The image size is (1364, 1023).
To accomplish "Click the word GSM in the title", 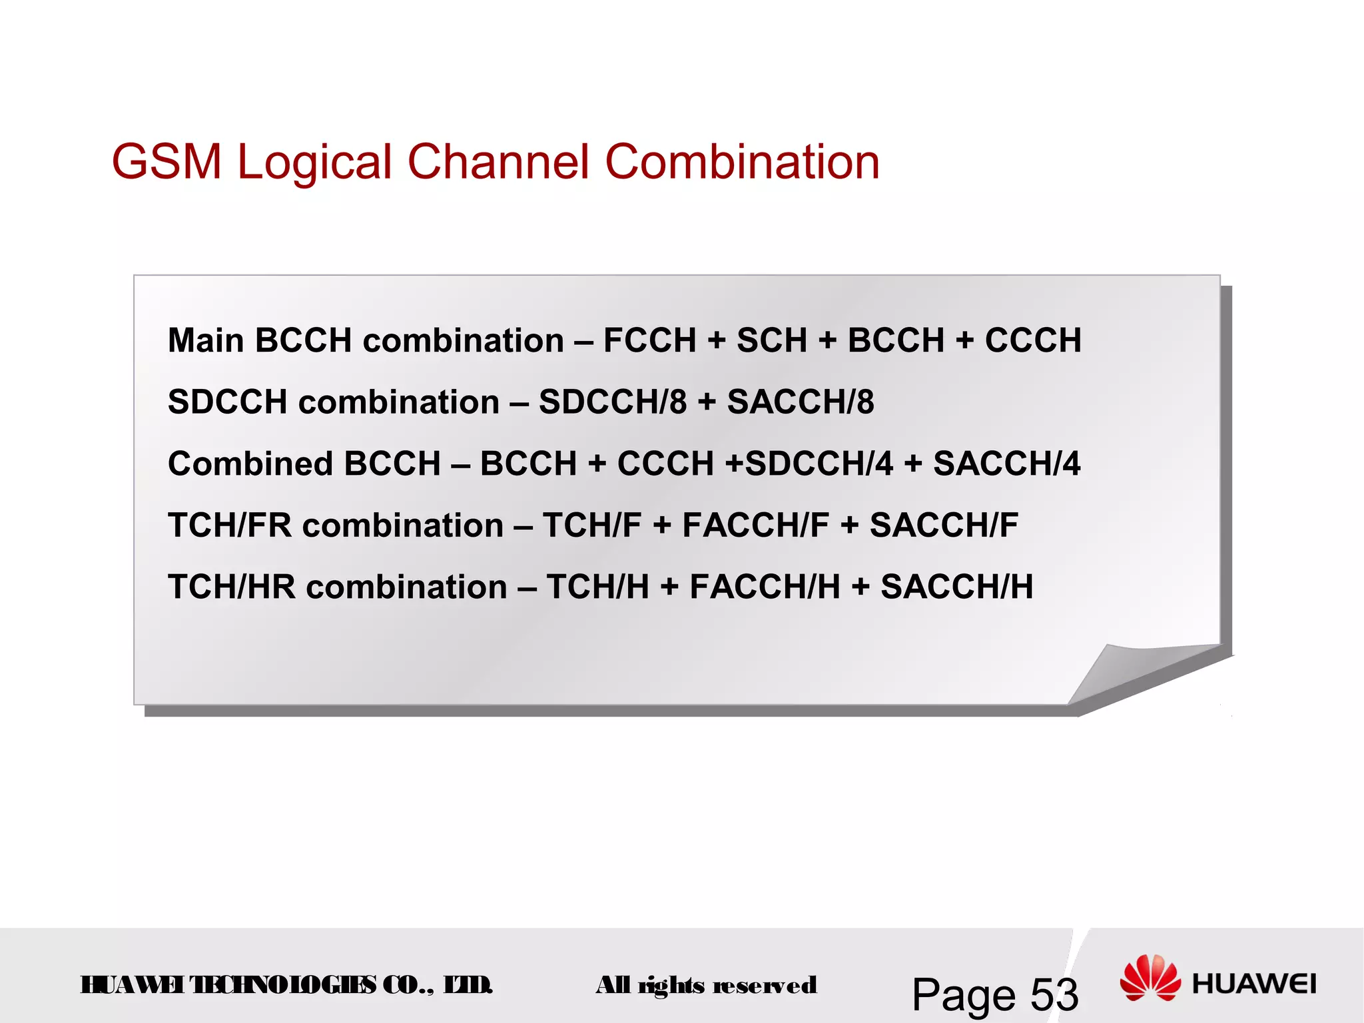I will pos(166,162).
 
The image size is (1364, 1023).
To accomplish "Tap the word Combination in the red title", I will pos(742,162).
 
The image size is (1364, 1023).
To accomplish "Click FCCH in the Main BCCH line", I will pos(649,340).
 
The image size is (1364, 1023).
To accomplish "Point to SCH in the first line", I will pos(771,340).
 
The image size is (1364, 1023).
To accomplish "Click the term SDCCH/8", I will pos(612,402).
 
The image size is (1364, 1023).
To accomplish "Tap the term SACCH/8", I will pos(801,402).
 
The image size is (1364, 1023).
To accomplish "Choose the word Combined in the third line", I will pos(250,464).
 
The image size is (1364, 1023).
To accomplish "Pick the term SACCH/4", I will pos(1006,464).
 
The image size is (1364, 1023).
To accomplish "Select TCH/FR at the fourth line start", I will pos(230,525).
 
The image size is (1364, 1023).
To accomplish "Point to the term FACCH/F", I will pos(755,525).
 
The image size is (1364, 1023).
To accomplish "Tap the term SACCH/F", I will pos(944,525).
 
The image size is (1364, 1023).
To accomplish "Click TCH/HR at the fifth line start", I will pos(232,587).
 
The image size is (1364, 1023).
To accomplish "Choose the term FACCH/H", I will pos(765,587).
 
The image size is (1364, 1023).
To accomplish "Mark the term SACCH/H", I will pos(956,587).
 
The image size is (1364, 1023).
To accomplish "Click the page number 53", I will pos(1054,995).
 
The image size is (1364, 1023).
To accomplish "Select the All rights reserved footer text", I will pos(706,985).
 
